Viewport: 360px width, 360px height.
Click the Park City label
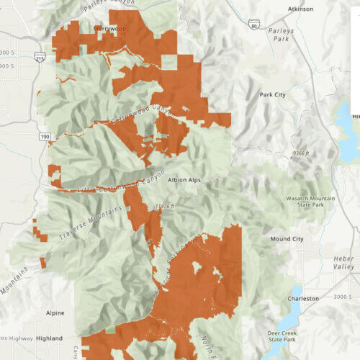pyautogui.click(x=273, y=95)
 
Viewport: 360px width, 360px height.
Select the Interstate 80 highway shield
pyautogui.click(x=253, y=25)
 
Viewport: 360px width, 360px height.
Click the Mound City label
pyautogui.click(x=287, y=238)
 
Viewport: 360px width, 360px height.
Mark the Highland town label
pyautogui.click(x=50, y=338)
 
